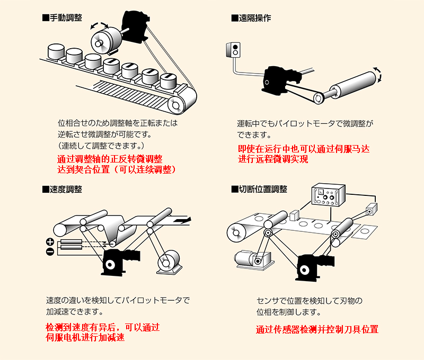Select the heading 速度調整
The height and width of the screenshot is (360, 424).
click(62, 189)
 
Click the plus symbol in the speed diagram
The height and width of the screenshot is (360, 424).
click(50, 242)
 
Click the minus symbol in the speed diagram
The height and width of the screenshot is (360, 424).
click(50, 251)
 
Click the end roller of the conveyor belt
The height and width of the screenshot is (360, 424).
click(174, 105)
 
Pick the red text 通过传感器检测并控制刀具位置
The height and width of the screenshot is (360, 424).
click(317, 329)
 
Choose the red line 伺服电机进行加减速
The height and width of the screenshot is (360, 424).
click(85, 337)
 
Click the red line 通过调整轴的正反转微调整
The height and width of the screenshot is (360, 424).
click(110, 159)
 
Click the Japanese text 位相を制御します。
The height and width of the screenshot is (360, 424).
click(288, 311)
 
